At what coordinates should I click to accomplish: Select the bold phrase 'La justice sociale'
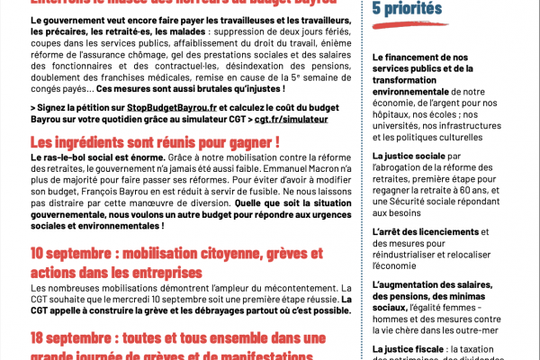410,155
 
